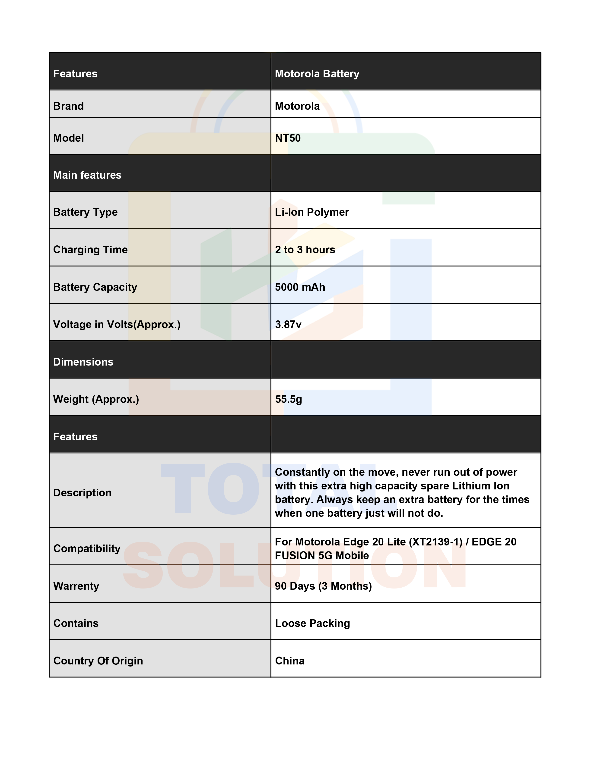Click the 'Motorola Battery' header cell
click(317, 74)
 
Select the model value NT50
click(288, 138)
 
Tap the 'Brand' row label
click(69, 106)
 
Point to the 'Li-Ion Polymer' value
click(311, 212)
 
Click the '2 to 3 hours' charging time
click(305, 250)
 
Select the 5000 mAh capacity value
click(300, 287)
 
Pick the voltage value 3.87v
click(288, 325)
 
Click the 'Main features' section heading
click(87, 175)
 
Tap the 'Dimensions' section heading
click(83, 362)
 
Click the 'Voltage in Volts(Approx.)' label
click(117, 325)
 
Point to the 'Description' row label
click(82, 493)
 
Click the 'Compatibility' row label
click(87, 548)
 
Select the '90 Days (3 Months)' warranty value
click(323, 586)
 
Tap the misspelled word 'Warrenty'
click(76, 586)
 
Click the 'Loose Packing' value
click(312, 623)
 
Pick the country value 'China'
click(289, 661)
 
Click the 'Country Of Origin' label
click(98, 661)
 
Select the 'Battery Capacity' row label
click(95, 287)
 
